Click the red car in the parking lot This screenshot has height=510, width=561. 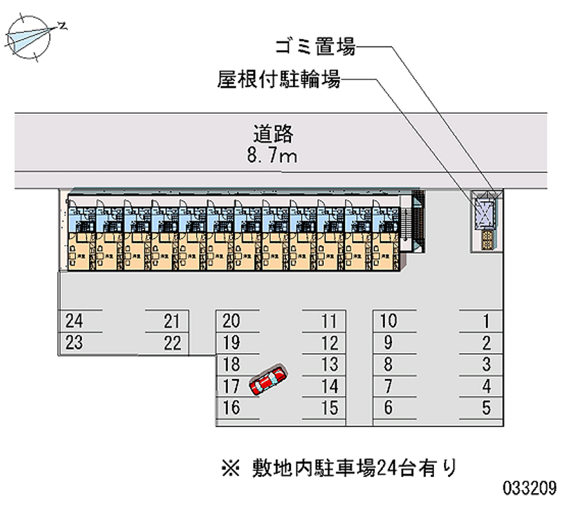click(x=267, y=381)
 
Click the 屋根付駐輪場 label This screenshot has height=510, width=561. click(x=278, y=81)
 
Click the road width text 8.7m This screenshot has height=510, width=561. click(x=272, y=156)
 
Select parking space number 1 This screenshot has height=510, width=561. click(x=485, y=322)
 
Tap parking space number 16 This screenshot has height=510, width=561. click(x=231, y=407)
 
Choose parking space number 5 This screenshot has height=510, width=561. click(x=485, y=407)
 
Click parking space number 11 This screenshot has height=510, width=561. click(x=329, y=322)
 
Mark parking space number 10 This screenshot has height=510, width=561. click(x=388, y=322)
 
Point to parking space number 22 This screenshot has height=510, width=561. click(x=172, y=344)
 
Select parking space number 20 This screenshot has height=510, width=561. click(x=231, y=322)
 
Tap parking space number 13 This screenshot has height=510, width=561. click(x=329, y=365)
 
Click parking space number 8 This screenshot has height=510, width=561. click(x=388, y=365)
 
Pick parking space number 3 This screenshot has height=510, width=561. click(x=485, y=365)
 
